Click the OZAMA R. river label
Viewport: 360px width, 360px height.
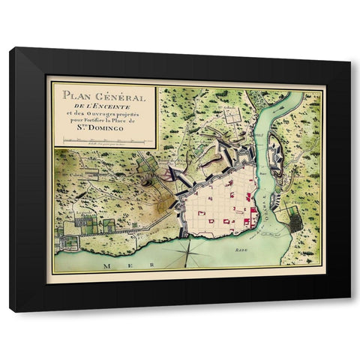click(x=264, y=202)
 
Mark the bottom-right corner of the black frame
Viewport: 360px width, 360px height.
click(x=349, y=311)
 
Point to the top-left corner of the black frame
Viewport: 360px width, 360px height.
click(x=10, y=48)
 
